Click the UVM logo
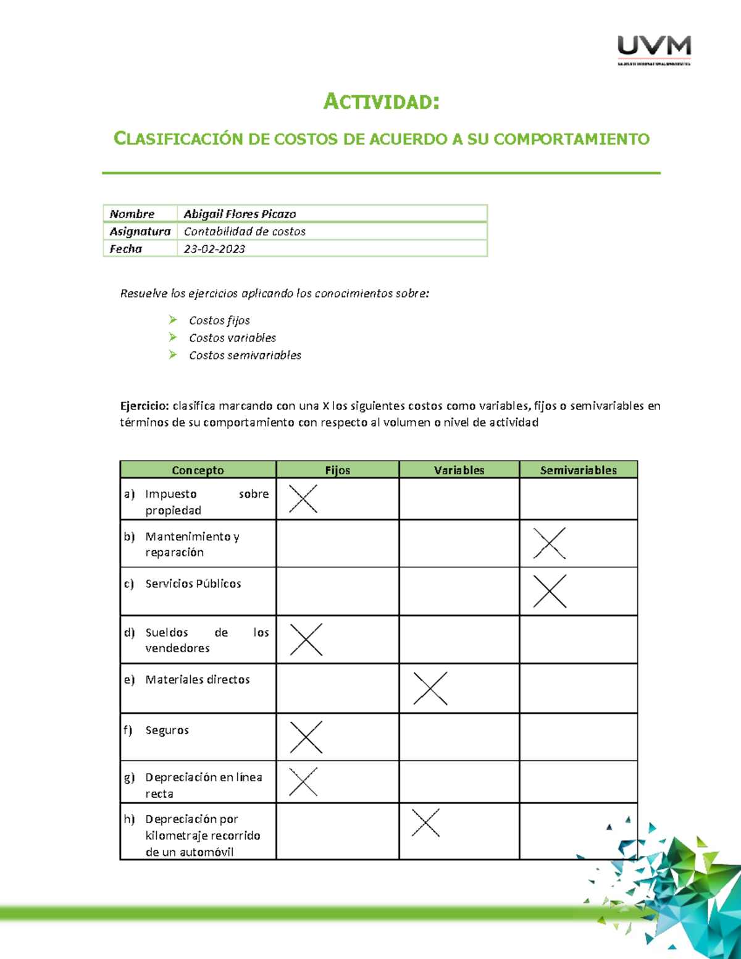coord(654,49)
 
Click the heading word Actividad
coord(381,101)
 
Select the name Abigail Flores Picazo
coord(240,214)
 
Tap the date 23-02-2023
coord(214,249)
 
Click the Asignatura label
coord(140,232)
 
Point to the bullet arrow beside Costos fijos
coord(173,319)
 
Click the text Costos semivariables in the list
coord(245,355)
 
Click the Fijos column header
coord(337,470)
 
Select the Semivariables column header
coord(578,470)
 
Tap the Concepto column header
coord(198,470)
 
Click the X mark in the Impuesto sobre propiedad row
coord(303,498)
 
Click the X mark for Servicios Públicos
coord(550,591)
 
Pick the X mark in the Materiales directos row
coord(430,688)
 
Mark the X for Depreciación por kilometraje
coord(425,823)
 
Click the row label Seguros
coord(167,730)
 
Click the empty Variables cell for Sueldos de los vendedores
coord(459,639)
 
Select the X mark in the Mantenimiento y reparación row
coord(550,543)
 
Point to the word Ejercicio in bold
coord(144,406)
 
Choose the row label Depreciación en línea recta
coord(204,785)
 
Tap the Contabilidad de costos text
coord(245,232)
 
